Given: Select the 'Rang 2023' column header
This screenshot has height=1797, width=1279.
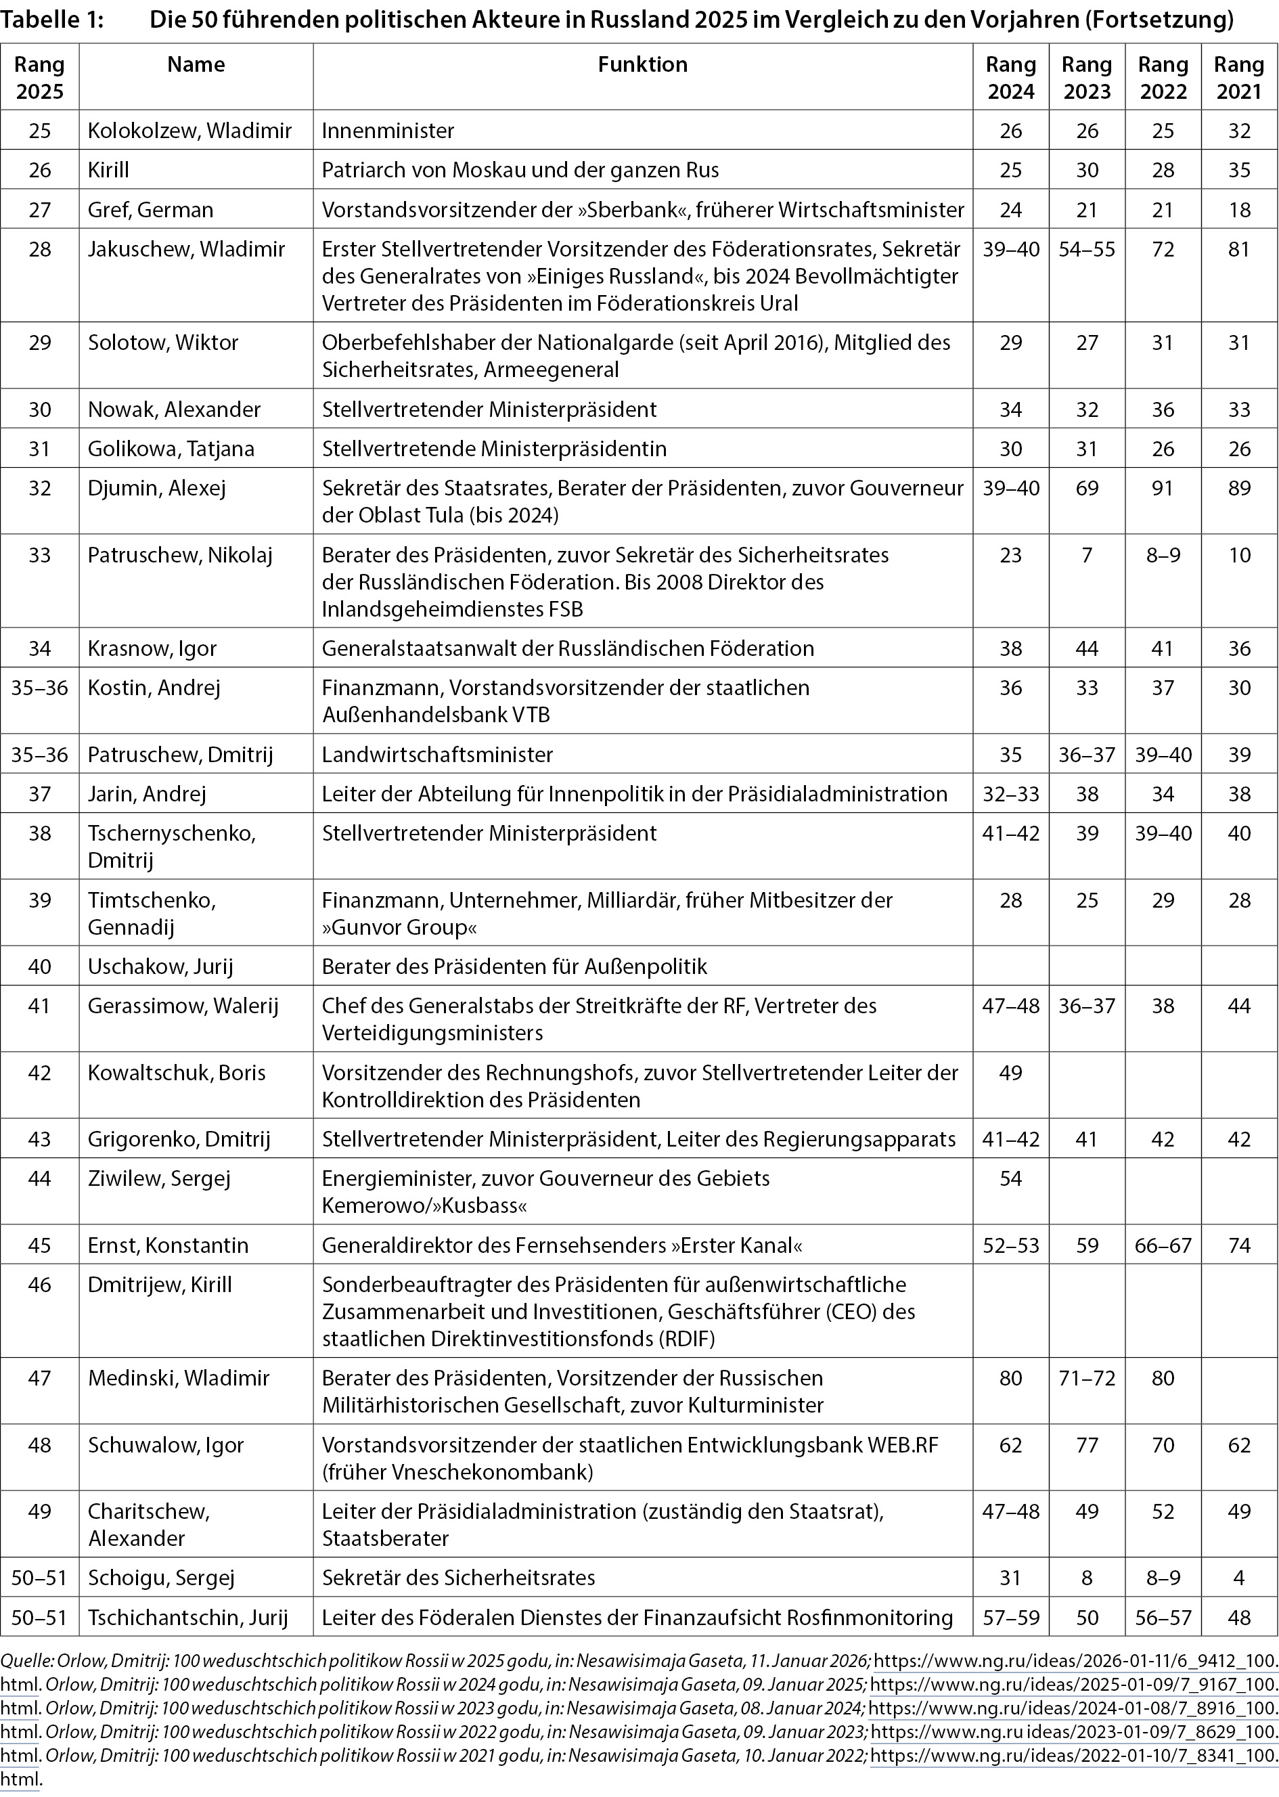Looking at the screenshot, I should click(x=1087, y=77).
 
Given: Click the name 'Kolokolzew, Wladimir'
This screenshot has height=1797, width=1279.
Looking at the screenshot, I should click(x=189, y=130).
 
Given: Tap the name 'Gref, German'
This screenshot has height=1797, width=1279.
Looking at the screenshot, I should click(x=150, y=209).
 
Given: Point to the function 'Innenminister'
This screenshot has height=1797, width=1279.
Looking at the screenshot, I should click(x=388, y=130).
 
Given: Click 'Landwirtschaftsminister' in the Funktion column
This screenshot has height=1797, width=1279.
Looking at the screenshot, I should click(x=437, y=755).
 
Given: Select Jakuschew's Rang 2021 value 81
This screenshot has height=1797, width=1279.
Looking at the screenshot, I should click(x=1239, y=250).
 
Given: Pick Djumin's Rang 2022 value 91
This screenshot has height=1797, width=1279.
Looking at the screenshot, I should click(x=1163, y=488).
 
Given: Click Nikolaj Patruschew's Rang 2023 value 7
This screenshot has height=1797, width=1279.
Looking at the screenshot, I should click(x=1087, y=555).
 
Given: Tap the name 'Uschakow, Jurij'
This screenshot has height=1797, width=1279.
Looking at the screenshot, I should click(x=160, y=967).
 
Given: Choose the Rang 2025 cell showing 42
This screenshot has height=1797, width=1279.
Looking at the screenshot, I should click(x=39, y=1073).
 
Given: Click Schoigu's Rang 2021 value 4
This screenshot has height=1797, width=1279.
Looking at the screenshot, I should click(x=1239, y=1578).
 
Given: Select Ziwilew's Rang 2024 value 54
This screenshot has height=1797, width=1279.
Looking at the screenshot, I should click(x=1010, y=1178).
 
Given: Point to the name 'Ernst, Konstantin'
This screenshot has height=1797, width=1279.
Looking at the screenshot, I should click(x=168, y=1245).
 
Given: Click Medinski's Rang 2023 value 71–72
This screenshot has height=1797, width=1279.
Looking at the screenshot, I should click(x=1087, y=1378).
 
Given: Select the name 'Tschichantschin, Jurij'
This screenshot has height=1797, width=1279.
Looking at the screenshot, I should click(x=187, y=1618).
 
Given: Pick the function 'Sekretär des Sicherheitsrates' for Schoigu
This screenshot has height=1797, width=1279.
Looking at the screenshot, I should click(x=458, y=1578).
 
